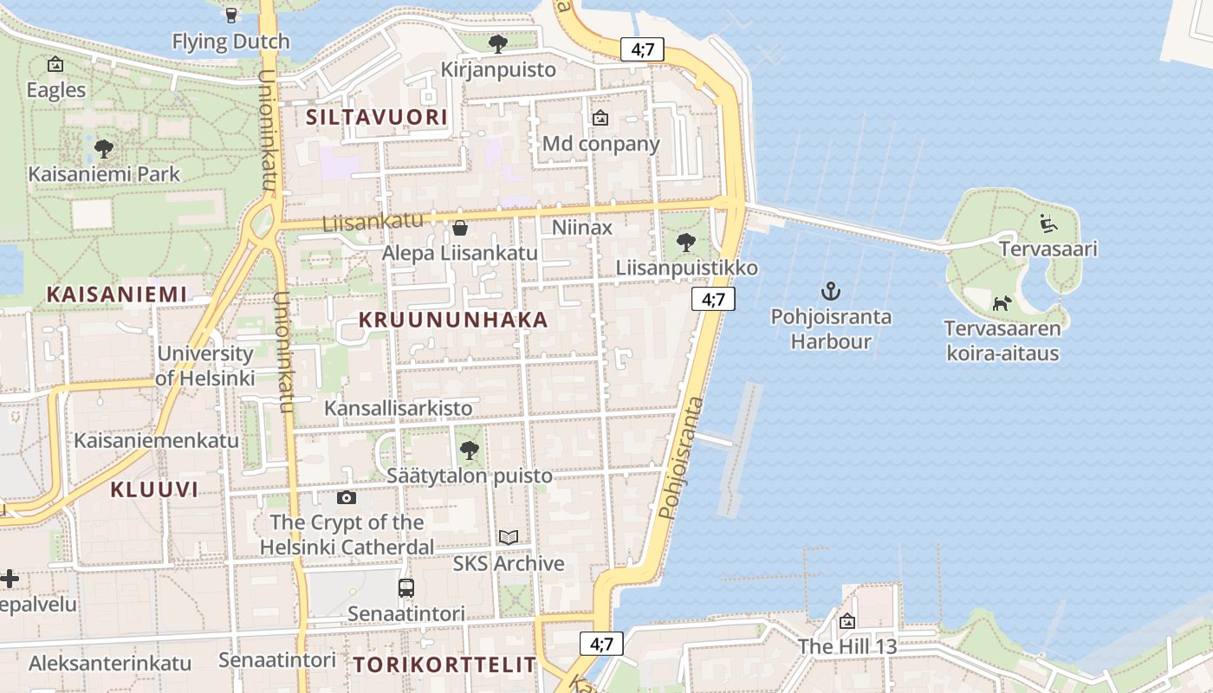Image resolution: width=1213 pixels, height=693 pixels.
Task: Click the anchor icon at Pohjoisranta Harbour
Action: (831, 291)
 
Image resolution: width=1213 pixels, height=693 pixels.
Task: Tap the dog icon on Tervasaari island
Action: (1002, 303)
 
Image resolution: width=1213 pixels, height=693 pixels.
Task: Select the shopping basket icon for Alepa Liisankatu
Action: (460, 228)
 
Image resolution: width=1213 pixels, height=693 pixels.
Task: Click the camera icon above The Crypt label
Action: (347, 497)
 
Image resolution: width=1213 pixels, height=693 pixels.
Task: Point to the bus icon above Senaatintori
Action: (405, 588)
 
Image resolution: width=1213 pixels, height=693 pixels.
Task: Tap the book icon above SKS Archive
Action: (509, 538)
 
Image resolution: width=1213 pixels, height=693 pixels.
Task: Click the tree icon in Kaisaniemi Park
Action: (104, 149)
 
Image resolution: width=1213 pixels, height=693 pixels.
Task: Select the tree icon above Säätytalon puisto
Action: (469, 450)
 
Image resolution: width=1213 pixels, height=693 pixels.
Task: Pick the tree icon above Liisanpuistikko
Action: (686, 243)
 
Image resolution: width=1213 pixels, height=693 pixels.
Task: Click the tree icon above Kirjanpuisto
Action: (498, 43)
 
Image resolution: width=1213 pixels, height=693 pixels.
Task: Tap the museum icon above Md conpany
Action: (600, 118)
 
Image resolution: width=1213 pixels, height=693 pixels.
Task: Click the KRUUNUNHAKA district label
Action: (453, 320)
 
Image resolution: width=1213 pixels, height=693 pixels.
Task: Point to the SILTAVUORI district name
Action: (377, 117)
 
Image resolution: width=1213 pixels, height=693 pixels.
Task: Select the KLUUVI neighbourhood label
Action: (154, 489)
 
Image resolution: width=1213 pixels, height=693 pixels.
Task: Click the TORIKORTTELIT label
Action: (445, 665)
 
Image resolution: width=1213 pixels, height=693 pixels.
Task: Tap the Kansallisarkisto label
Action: (399, 408)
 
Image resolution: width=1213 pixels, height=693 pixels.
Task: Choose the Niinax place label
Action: (582, 228)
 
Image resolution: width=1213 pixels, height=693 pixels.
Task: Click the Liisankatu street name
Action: (373, 222)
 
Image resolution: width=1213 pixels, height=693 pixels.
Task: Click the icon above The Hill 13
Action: (847, 621)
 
